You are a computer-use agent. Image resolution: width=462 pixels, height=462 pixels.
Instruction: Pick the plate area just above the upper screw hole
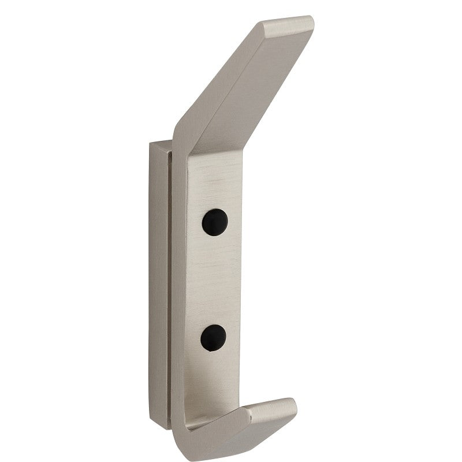click(215, 185)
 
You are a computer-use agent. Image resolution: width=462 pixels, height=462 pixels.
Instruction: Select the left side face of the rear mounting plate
click(157, 289)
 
